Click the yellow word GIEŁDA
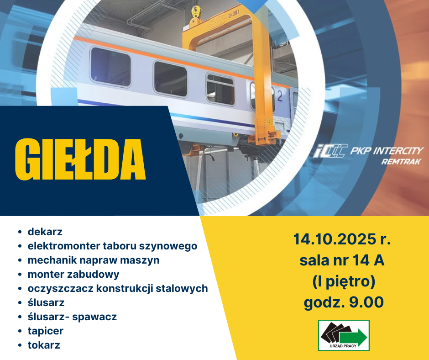point(80,159)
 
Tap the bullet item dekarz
point(45,232)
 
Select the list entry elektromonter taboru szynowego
point(112,246)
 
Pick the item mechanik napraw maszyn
point(94,260)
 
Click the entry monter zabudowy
point(73,274)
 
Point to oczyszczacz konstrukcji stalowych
point(118,288)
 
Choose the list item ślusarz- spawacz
point(72,317)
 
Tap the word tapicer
point(46,331)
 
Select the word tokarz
point(44,345)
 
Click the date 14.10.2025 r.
point(342,239)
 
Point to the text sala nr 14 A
point(342,260)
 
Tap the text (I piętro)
point(344,281)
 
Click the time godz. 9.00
point(344,302)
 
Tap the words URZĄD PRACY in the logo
point(343,346)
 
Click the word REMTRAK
point(401,162)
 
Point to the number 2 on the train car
point(280,96)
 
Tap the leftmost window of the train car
point(110,67)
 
